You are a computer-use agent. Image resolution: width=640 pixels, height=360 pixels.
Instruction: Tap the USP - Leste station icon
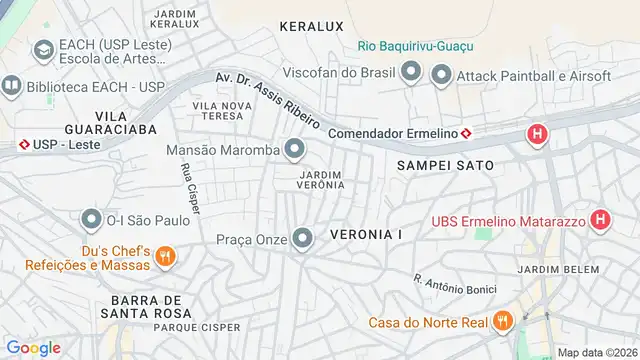pyautogui.click(x=23, y=145)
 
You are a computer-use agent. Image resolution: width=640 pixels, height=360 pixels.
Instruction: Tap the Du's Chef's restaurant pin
pyautogui.click(x=166, y=256)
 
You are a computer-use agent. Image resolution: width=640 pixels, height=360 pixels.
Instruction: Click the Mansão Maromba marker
pyautogui.click(x=294, y=150)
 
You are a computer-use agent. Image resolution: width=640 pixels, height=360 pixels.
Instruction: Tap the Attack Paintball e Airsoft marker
pyautogui.click(x=441, y=74)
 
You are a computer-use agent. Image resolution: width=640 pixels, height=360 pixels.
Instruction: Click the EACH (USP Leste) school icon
pyautogui.click(x=43, y=49)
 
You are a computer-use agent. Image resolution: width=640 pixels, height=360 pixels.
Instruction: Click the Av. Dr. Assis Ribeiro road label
pyautogui.click(x=267, y=100)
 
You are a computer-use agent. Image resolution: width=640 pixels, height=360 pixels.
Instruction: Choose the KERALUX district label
pyautogui.click(x=311, y=25)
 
